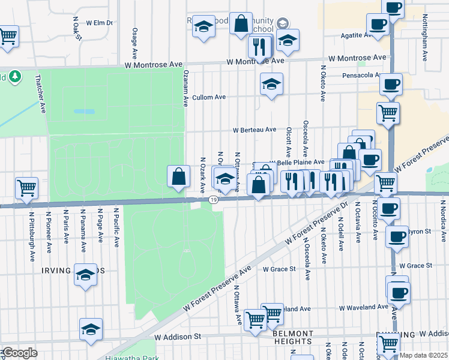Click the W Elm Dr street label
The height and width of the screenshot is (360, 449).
coord(100,23)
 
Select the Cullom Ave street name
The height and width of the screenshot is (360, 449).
coord(208,97)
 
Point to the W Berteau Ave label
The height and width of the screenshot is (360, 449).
coord(255,130)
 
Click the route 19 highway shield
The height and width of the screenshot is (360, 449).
coord(213,200)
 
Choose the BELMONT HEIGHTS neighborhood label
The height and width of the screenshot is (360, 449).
coord(292,338)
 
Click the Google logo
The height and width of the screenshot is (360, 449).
coord(19,353)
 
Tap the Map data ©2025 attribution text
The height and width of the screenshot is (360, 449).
coord(423,355)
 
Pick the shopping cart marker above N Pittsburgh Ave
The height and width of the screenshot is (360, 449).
coord(27,188)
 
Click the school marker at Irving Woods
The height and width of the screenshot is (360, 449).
coord(86,275)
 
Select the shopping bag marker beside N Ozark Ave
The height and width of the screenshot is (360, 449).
coord(178,176)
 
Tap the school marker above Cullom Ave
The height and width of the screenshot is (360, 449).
coord(271,84)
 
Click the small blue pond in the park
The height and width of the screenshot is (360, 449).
coord(84,112)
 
